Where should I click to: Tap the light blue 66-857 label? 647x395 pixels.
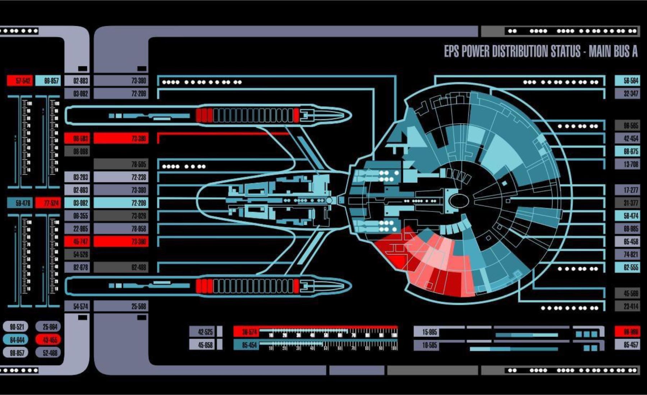(x=49, y=81)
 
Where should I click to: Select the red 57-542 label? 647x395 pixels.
(x=20, y=81)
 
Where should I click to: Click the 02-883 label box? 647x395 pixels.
(x=77, y=81)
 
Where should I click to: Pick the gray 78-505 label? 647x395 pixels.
(x=121, y=164)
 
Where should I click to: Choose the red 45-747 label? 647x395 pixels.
(x=77, y=241)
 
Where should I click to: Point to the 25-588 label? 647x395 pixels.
(x=121, y=306)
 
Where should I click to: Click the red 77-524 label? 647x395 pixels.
(x=49, y=203)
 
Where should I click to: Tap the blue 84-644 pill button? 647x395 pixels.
(x=16, y=340)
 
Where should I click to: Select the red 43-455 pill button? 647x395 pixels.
(x=49, y=340)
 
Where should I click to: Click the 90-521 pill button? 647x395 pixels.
(x=16, y=327)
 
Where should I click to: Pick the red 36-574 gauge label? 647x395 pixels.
(x=246, y=332)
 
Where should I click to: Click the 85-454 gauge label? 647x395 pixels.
(x=246, y=345)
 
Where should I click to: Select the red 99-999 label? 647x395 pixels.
(x=627, y=332)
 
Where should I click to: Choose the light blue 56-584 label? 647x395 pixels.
(x=627, y=81)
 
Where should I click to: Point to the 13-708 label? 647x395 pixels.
(x=627, y=164)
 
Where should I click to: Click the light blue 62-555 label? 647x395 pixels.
(x=627, y=267)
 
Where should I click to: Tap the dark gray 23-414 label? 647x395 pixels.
(x=627, y=306)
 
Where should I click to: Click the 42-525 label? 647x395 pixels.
(x=202, y=332)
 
